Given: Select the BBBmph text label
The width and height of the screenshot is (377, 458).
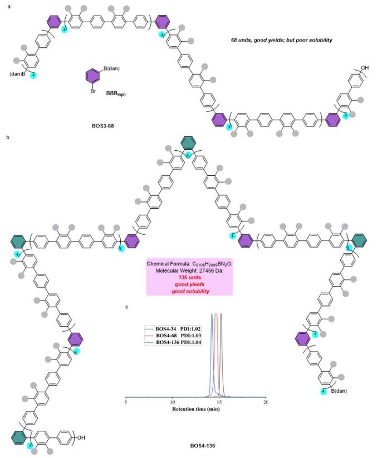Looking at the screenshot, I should [119, 93].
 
